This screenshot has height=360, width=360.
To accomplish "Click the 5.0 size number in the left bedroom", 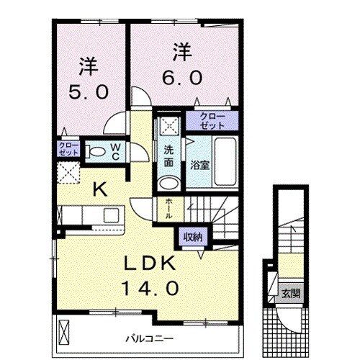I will coord(89,93).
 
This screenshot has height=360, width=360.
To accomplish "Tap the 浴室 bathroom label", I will coord(199,165).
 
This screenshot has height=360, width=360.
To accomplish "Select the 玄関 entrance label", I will coord(287,293).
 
